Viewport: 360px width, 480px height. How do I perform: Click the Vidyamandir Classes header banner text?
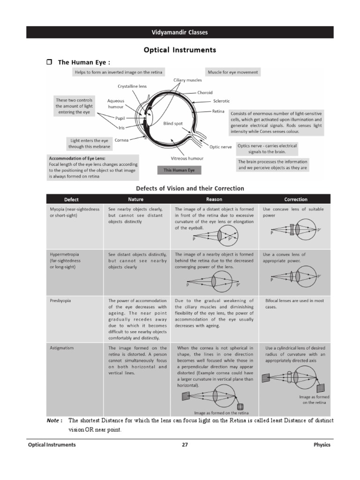[180, 32]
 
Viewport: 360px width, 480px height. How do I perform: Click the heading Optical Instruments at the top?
[180, 49]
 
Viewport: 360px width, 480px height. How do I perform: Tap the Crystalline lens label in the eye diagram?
[132, 87]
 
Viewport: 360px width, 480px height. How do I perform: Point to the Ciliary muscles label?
[187, 80]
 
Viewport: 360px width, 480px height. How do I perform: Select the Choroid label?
[204, 92]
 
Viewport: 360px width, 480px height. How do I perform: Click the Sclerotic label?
[221, 101]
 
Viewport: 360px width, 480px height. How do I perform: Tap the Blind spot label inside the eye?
[173, 123]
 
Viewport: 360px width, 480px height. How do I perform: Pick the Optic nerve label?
[220, 147]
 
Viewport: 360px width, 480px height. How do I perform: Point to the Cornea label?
[121, 140]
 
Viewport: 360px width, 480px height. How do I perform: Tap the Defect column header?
[71, 199]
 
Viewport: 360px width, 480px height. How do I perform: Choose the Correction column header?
[296, 199]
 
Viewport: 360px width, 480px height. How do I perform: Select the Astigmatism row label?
[62, 348]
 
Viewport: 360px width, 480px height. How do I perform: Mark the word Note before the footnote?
[54, 420]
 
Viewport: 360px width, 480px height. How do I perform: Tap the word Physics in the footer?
[322, 445]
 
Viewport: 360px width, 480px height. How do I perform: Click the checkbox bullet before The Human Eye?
[49, 62]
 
